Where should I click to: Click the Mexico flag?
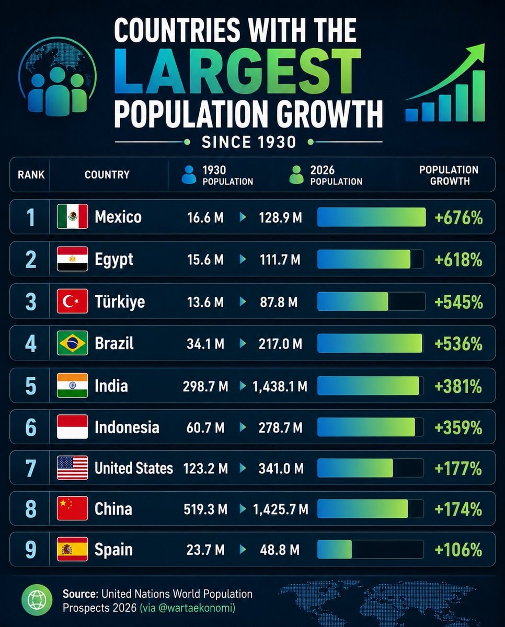(x=72, y=216)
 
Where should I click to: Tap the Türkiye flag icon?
(x=72, y=301)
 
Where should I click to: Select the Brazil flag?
(x=72, y=343)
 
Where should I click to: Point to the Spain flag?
(x=72, y=549)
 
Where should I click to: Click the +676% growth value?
(x=458, y=218)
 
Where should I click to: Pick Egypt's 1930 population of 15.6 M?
(x=205, y=260)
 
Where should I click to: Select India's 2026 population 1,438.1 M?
(x=280, y=386)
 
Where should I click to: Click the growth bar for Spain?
(x=335, y=549)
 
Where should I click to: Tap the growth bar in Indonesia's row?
(x=366, y=427)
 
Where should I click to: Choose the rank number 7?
(x=31, y=469)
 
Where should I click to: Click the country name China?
(x=113, y=509)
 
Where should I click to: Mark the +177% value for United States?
(x=458, y=469)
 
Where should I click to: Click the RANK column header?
(x=31, y=175)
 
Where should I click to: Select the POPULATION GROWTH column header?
(x=449, y=176)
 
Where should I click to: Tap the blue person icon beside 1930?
(x=189, y=175)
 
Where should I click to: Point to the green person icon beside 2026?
(x=296, y=175)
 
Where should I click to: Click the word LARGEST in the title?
(x=237, y=72)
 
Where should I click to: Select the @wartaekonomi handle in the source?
(x=197, y=608)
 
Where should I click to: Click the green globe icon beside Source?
(x=37, y=600)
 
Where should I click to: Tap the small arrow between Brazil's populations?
(x=243, y=343)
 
